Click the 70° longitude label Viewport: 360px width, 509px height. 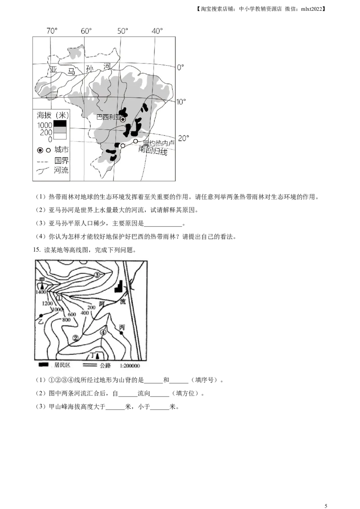click(x=52, y=31)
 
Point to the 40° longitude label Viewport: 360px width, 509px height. click(x=157, y=31)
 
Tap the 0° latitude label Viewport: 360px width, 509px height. click(x=180, y=67)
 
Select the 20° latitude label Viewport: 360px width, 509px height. click(x=184, y=138)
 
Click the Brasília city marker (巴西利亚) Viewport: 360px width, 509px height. click(x=122, y=120)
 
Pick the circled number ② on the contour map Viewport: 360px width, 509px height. click(x=76, y=338)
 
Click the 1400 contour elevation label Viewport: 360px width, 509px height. click(x=41, y=292)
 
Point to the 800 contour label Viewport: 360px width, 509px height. click(x=67, y=320)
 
